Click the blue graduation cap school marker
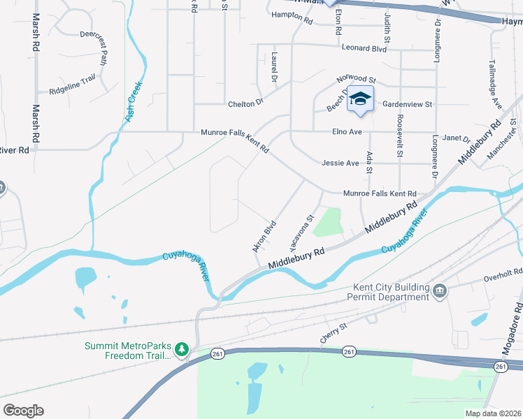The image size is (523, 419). click(360, 99)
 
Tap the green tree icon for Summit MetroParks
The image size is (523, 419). click(182, 348)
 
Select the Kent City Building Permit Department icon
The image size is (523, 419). click(440, 291)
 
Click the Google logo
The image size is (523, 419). click(23, 411)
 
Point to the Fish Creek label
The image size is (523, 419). click(134, 103)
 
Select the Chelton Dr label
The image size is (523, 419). click(245, 103)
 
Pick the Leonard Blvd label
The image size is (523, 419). click(364, 48)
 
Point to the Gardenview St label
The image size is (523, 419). click(408, 104)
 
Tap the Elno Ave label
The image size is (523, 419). click(346, 131)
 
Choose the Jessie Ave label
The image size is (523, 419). click(340, 163)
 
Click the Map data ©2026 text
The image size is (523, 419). click(494, 413)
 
